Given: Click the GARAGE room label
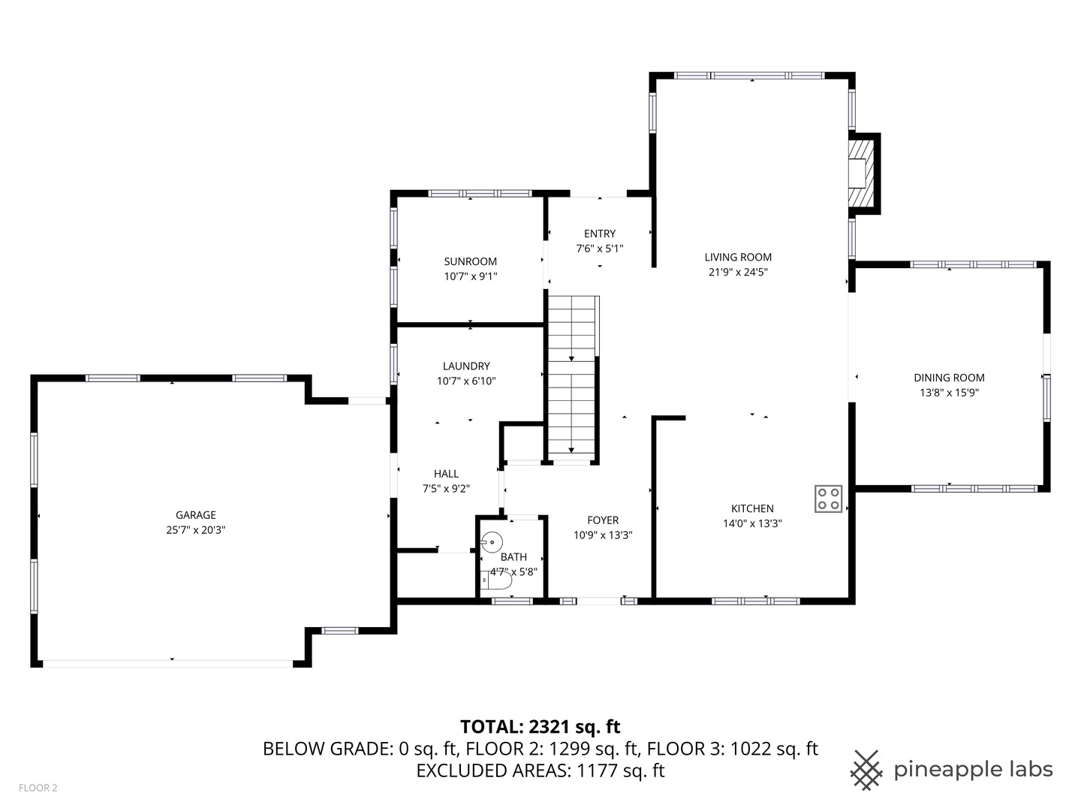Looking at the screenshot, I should click(x=196, y=515).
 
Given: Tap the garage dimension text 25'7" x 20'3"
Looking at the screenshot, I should click(x=196, y=530).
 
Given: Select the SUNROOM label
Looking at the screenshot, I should click(x=471, y=261).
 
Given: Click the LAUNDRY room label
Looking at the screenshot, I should click(x=466, y=366).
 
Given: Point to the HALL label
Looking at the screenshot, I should click(x=446, y=474).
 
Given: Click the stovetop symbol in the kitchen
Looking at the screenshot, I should click(x=829, y=499).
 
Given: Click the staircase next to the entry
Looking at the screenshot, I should click(x=572, y=375).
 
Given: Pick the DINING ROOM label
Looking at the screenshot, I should click(x=949, y=378).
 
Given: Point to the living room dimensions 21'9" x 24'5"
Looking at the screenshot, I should click(x=738, y=273).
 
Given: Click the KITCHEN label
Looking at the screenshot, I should click(x=752, y=508).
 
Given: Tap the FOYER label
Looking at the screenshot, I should click(x=603, y=520).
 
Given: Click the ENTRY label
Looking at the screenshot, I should click(x=600, y=234).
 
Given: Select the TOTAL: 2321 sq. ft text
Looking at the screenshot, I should click(x=540, y=727).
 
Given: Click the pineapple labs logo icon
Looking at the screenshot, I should click(x=866, y=770).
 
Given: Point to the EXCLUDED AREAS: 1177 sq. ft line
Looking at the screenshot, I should click(x=540, y=770).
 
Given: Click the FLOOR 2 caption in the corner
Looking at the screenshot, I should click(x=38, y=788).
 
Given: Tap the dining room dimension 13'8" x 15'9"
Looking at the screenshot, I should click(x=949, y=393).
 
